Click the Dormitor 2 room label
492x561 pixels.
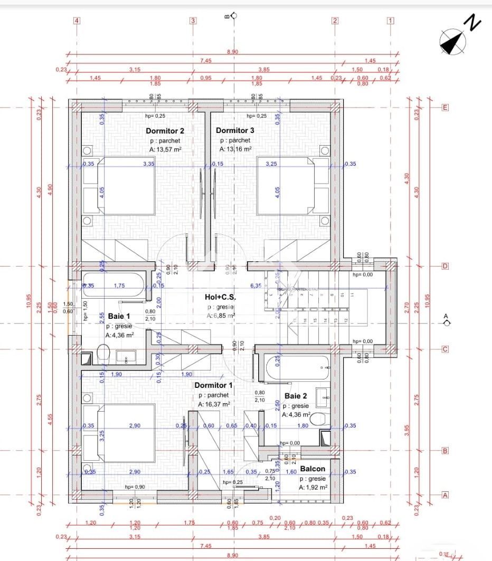[165, 130]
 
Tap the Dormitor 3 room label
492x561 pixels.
[235, 130]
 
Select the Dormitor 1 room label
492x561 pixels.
[213, 385]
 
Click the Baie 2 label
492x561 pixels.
[296, 396]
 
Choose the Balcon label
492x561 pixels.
[313, 469]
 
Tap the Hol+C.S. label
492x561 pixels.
[221, 297]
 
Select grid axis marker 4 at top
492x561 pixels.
[77, 21]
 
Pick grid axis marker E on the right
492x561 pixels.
[445, 108]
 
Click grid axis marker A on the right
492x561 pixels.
[445, 495]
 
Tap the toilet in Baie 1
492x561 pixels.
[103, 352]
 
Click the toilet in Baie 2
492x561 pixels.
[317, 420]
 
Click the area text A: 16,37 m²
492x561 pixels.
[213, 404]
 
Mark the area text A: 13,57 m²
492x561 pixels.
[165, 149]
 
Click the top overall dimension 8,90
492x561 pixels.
[232, 52]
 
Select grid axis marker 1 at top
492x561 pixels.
[391, 21]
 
